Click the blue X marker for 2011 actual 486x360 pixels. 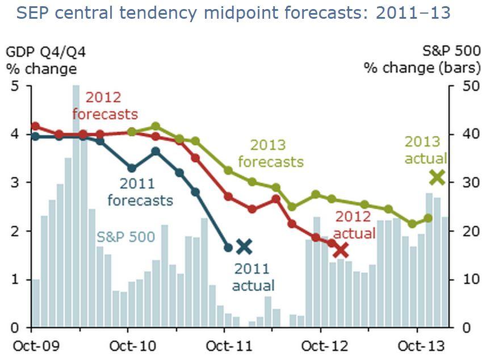[x=244, y=246]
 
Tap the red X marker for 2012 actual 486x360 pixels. [x=341, y=250]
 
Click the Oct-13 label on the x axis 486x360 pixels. [x=417, y=346]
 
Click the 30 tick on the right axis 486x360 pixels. [x=463, y=183]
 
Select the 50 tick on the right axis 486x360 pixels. [x=463, y=86]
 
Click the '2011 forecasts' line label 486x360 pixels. [x=146, y=192]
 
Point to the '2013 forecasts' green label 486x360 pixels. [x=271, y=154]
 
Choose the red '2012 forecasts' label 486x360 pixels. [x=105, y=106]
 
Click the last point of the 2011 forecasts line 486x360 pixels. [x=228, y=247]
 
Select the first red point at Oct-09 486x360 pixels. [x=35, y=126]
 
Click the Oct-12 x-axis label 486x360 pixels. [x=321, y=346]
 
